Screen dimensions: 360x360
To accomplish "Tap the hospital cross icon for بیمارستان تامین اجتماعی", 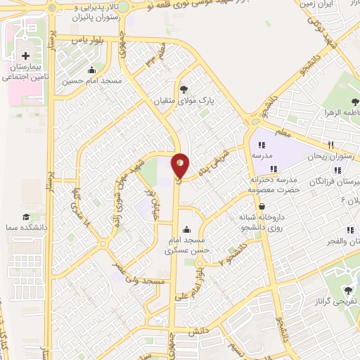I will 26,55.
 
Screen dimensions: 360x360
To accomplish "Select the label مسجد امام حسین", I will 92,80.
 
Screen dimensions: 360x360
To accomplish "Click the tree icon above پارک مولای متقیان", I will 184,89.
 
